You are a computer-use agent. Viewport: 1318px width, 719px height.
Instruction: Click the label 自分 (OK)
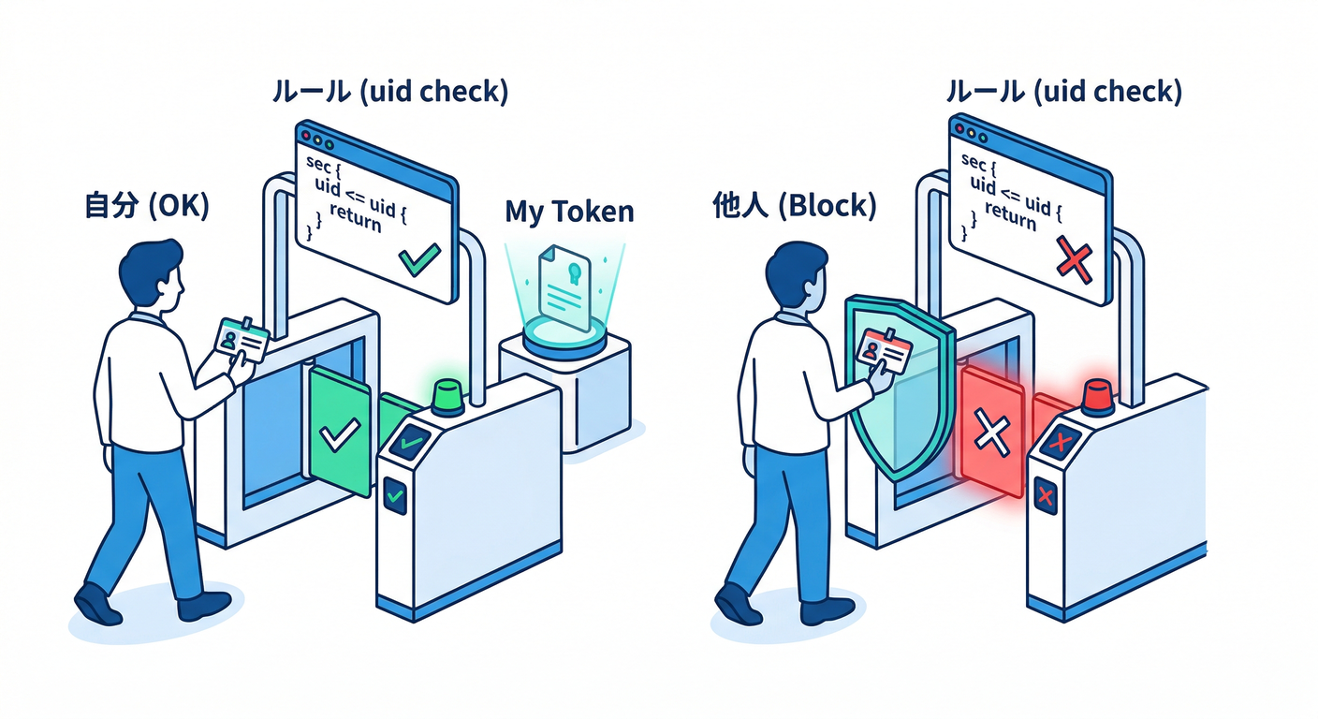[146, 206]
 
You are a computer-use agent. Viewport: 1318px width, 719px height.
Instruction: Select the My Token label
[569, 212]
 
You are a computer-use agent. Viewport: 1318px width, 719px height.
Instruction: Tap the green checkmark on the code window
[417, 257]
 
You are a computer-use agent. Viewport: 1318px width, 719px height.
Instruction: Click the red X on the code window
[1074, 257]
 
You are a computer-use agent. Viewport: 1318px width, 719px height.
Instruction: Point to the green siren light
[447, 395]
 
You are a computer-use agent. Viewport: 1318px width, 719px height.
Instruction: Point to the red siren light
[1097, 396]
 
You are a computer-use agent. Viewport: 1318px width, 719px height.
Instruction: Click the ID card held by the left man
[242, 338]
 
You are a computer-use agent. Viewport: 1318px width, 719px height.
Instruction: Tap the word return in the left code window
[357, 223]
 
